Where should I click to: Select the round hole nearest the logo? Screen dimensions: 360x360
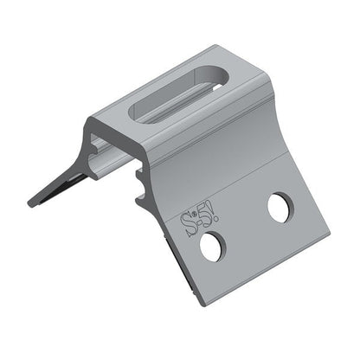click(x=210, y=247)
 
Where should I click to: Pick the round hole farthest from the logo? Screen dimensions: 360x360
click(x=278, y=208)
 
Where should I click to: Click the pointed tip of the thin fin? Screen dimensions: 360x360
click(x=31, y=203)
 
